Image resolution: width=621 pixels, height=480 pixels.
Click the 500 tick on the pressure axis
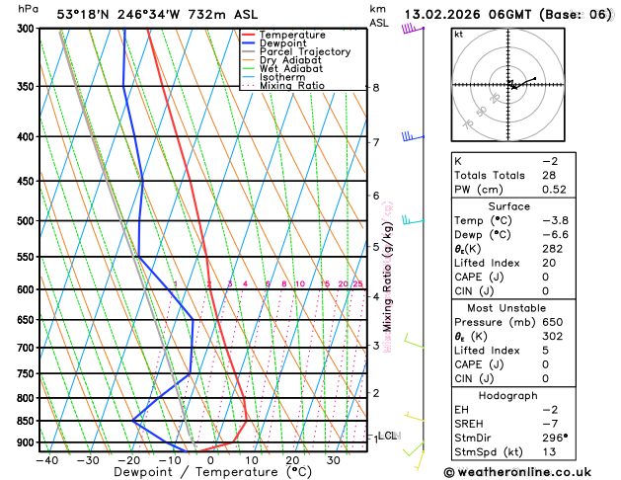(23, 221)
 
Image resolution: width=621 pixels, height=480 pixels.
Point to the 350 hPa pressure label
(23, 87)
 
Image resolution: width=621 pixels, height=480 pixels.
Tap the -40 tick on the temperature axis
(46, 459)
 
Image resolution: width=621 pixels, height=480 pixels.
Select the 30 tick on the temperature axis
(333, 459)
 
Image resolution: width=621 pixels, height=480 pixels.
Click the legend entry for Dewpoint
(282, 43)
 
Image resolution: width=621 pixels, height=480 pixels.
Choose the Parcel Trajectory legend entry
(304, 52)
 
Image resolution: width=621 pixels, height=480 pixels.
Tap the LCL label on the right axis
(388, 436)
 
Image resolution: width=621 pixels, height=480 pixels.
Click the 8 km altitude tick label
(376, 88)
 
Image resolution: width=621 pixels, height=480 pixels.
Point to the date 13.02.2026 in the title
(456, 14)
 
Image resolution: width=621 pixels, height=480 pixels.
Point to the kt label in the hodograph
(458, 35)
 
